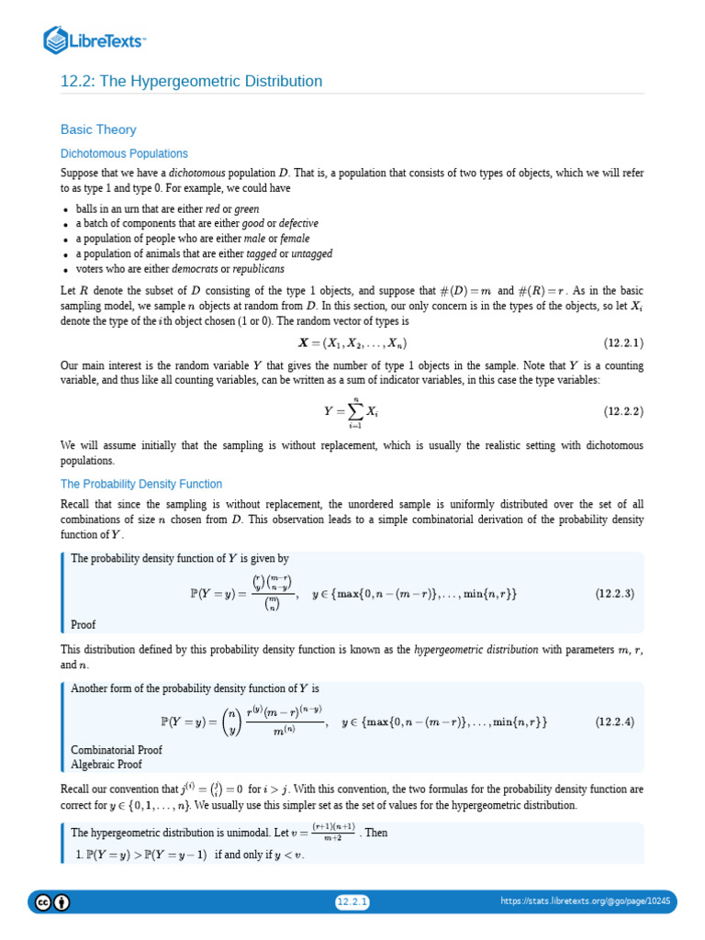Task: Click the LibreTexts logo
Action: coord(95,39)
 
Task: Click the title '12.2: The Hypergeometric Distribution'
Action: coord(191,82)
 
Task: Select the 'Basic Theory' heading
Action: coord(98,129)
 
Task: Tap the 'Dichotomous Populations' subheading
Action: coord(124,153)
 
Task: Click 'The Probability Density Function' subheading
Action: coord(141,484)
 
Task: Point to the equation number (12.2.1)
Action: coord(623,343)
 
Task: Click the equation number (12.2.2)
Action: coord(623,412)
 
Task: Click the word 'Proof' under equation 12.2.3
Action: coord(84,625)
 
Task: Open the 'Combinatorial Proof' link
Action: coord(117,750)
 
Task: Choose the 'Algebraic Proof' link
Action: coord(107,763)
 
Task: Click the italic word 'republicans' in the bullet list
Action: coord(258,269)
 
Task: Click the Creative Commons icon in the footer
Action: coord(42,902)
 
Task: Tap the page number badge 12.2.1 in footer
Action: coord(352,902)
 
